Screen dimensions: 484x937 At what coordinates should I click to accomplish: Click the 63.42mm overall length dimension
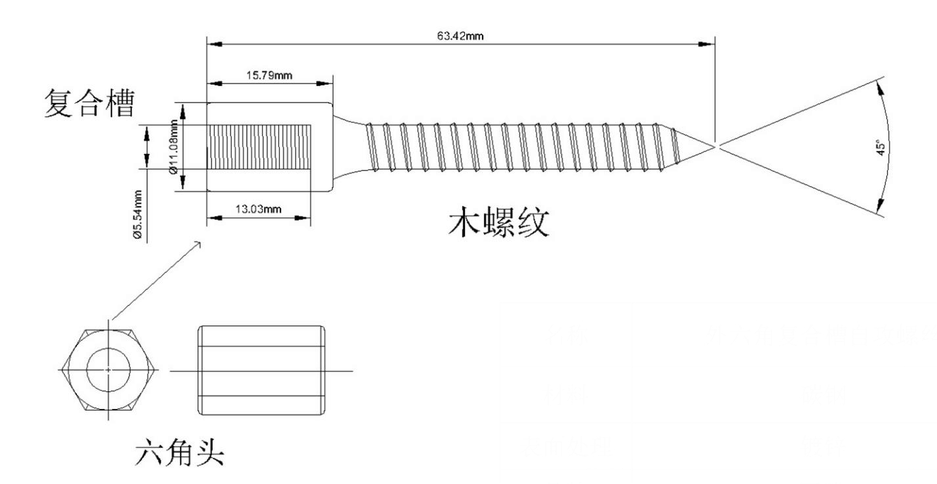[460, 35]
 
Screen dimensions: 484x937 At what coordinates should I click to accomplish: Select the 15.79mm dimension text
[269, 75]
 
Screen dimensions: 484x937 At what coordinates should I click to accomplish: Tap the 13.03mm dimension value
[258, 209]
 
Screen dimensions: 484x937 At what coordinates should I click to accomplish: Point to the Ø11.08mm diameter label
[175, 146]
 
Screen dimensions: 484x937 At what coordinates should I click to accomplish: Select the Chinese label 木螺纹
[498, 225]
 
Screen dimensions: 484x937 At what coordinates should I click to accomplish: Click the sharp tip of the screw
[713, 146]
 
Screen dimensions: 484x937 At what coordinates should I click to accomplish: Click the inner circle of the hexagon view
[108, 370]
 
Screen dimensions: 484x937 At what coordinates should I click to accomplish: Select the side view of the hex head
[262, 370]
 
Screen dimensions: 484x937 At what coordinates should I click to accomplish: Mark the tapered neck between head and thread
[349, 146]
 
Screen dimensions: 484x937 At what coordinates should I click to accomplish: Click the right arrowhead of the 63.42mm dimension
[708, 44]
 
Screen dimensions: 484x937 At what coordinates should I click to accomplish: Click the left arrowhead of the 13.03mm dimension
[213, 218]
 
